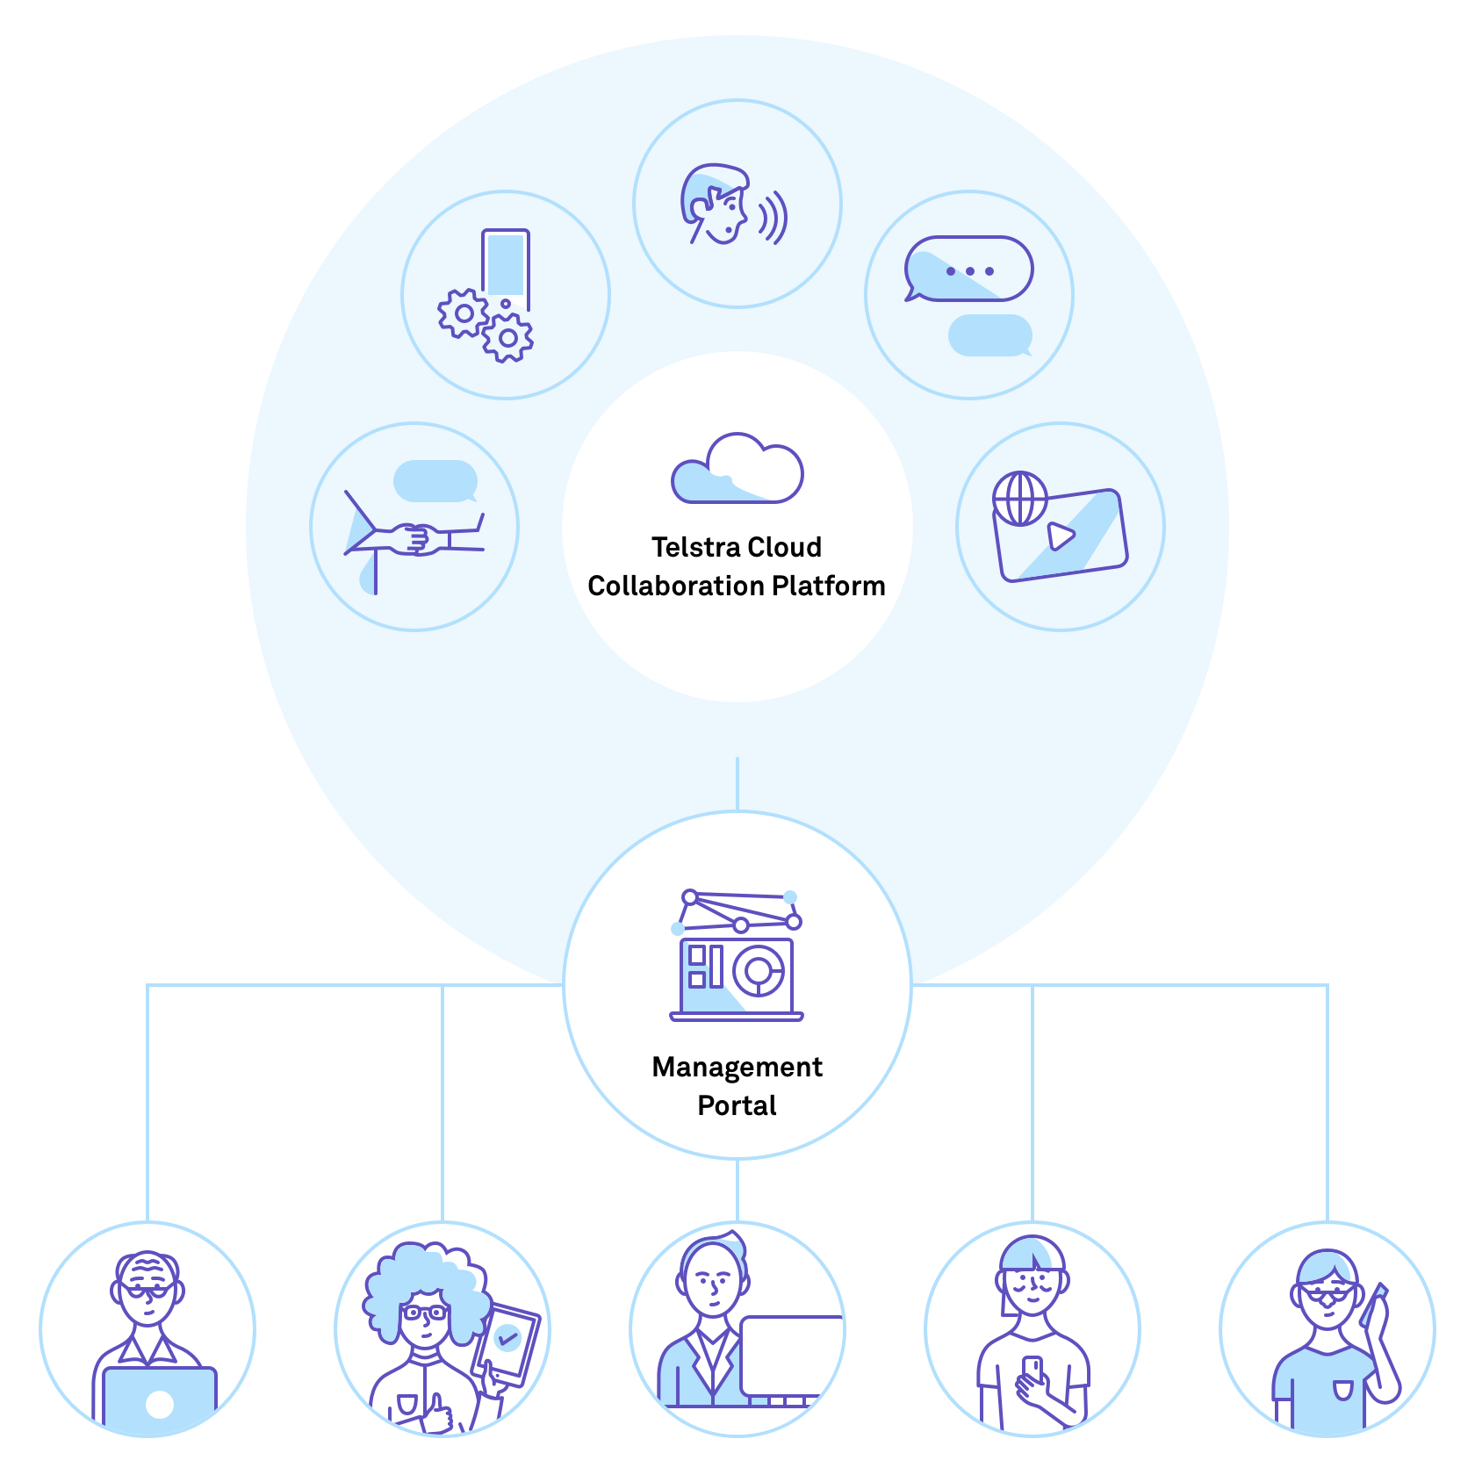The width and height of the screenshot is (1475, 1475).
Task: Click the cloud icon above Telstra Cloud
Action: (x=737, y=470)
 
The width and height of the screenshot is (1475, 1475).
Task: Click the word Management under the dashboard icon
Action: (x=737, y=1067)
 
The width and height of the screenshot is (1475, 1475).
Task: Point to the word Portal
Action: (x=737, y=1105)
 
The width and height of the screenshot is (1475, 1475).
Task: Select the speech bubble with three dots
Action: (x=969, y=270)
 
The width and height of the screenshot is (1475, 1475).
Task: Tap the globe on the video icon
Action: (x=1020, y=499)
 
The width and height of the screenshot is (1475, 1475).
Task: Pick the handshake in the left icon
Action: (x=418, y=537)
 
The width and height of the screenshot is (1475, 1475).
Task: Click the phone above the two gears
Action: (x=506, y=263)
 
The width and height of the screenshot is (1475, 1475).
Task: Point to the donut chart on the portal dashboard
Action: (x=759, y=970)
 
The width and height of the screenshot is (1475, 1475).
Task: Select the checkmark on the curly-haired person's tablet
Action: (x=507, y=1338)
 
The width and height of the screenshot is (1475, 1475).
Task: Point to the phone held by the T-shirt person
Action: (x=1032, y=1370)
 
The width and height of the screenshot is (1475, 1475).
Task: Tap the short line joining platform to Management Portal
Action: (x=737, y=783)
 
